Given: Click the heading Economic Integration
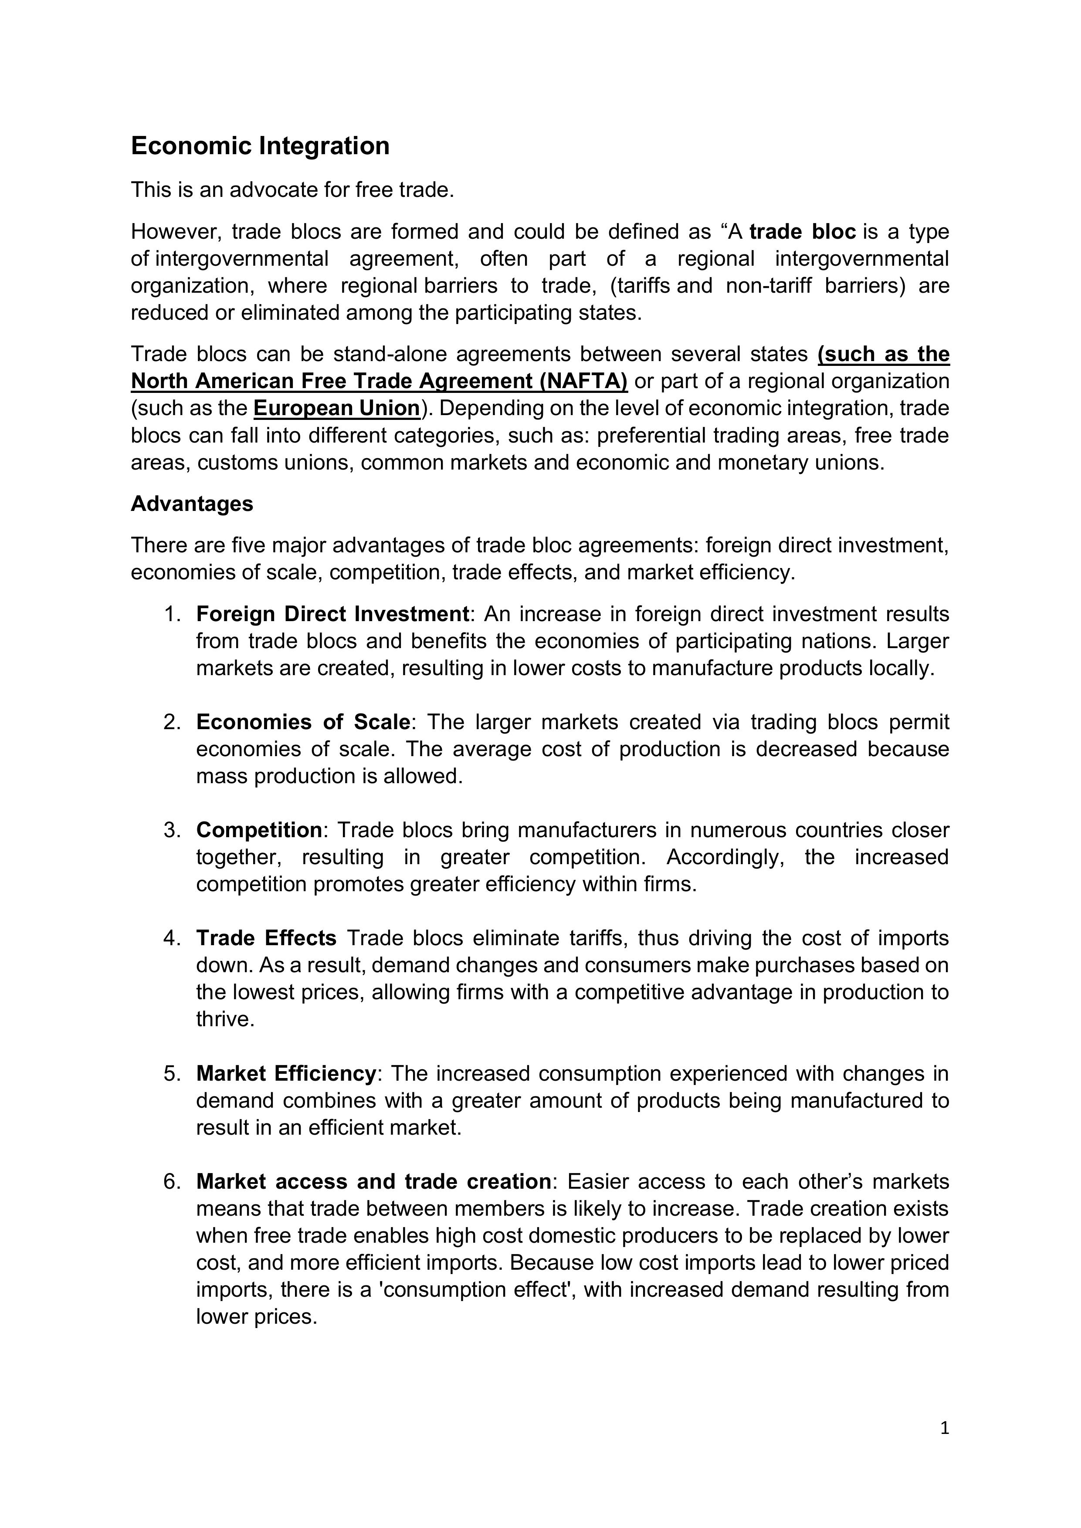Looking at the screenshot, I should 260,146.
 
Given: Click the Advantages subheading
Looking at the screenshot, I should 192,504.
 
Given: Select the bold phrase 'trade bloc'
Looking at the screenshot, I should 802,232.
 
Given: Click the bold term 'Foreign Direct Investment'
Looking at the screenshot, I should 333,614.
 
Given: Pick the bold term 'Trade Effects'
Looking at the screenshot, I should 266,938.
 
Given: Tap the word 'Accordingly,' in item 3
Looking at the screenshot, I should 722,857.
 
